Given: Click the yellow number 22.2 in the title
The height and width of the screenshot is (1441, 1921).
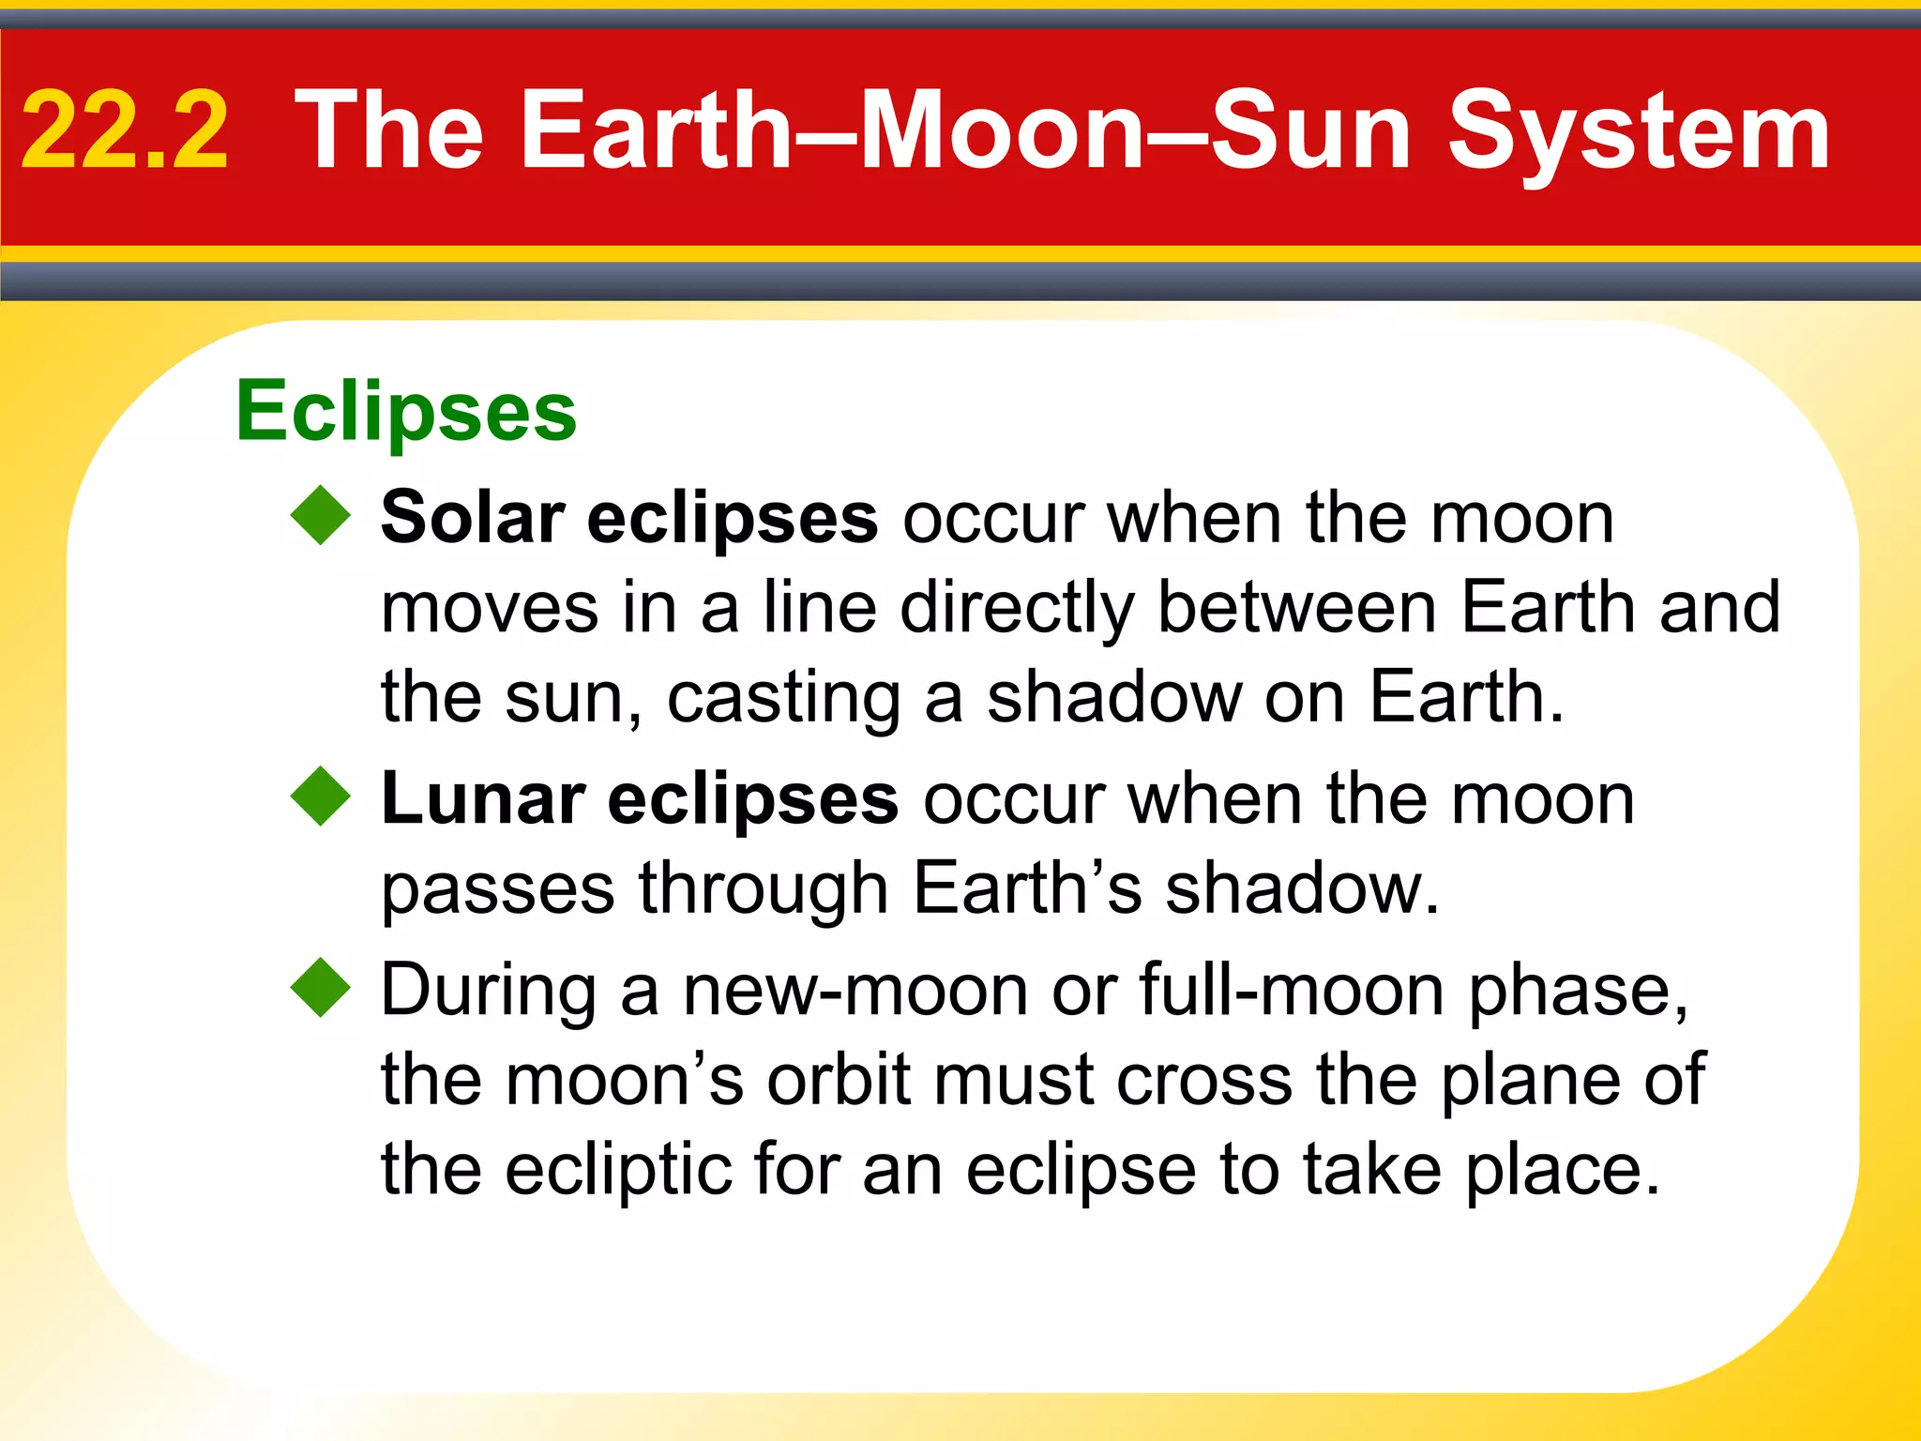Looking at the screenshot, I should (x=125, y=131).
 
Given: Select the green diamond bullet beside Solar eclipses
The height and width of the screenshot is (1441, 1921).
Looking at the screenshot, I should (x=321, y=515).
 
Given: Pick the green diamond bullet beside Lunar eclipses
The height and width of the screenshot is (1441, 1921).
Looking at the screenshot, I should (x=321, y=796).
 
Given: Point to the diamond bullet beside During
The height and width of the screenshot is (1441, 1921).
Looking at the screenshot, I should (x=321, y=987).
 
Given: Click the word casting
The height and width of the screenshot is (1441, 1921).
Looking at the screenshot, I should (x=784, y=699).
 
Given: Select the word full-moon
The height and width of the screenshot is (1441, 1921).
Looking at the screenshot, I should (x=1292, y=991).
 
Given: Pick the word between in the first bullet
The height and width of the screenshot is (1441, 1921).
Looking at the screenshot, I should (x=1296, y=608).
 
